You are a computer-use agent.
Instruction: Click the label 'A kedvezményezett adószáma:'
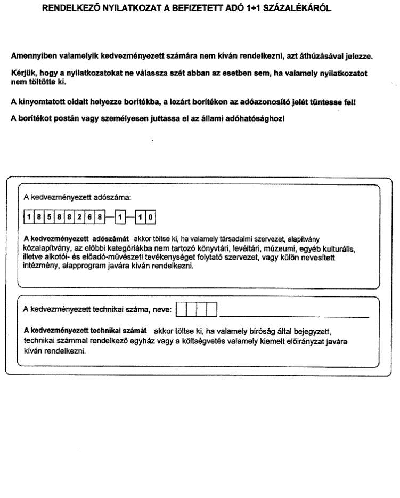pyautogui.click(x=77, y=197)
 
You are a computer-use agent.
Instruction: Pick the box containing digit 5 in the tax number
pyautogui.click(x=47, y=217)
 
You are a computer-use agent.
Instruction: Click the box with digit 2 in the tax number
pyautogui.click(x=77, y=217)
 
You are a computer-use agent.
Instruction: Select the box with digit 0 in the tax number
pyautogui.click(x=151, y=217)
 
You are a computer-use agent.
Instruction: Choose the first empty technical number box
pyautogui.click(x=181, y=309)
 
